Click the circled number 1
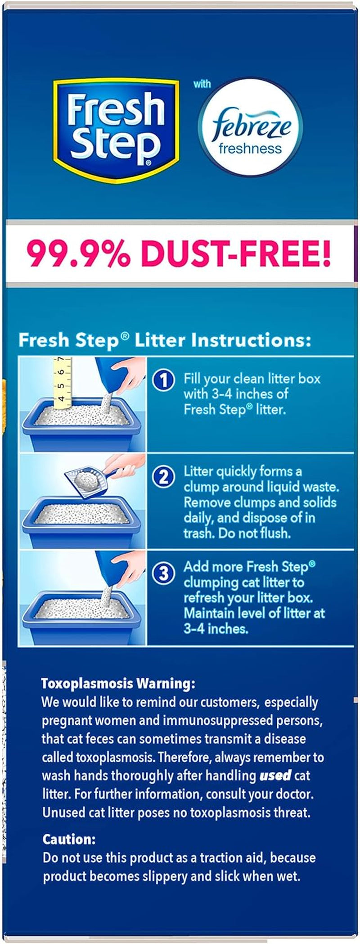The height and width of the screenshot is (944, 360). [163, 380]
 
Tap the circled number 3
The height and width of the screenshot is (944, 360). [163, 573]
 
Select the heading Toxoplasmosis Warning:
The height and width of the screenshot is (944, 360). [118, 683]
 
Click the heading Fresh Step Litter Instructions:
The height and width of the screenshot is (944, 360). [164, 340]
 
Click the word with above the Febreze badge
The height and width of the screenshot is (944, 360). [202, 84]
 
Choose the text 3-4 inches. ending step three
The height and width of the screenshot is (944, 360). [216, 628]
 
